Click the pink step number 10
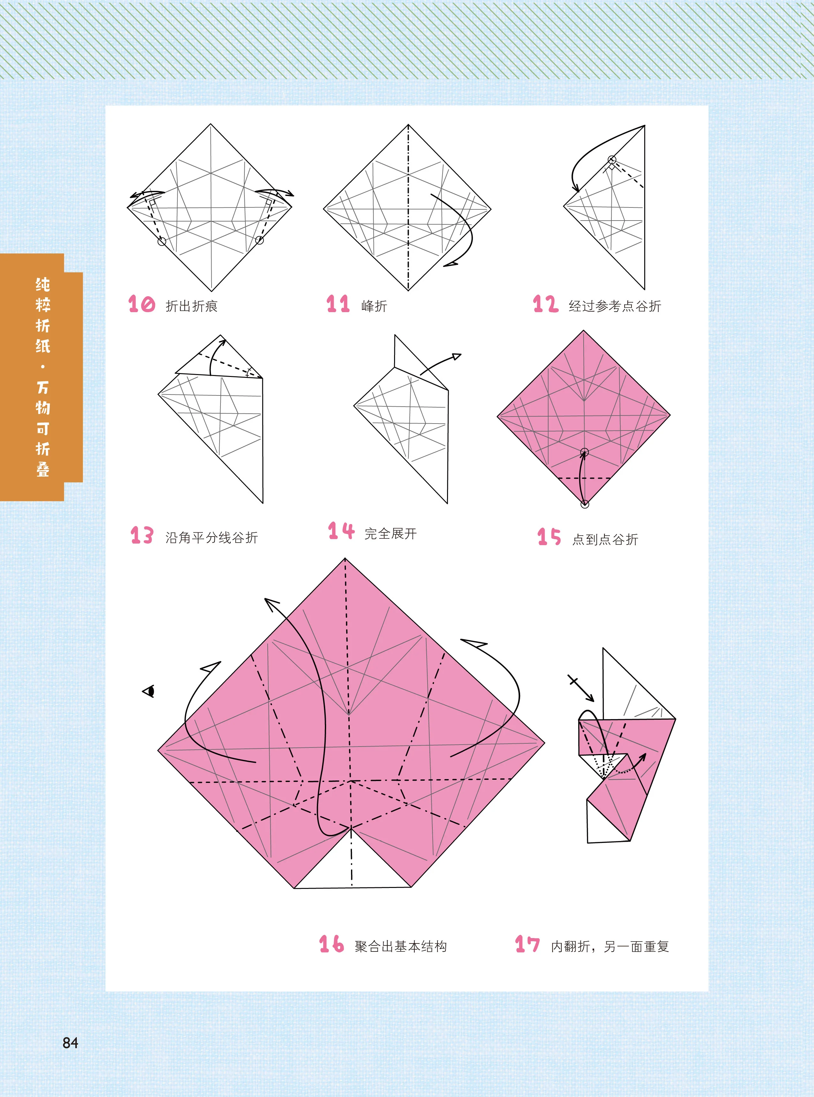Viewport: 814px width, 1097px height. coord(141,304)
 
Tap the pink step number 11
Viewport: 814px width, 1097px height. coord(338,304)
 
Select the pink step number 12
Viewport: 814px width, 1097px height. coord(545,304)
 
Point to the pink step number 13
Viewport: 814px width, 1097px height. coord(142,535)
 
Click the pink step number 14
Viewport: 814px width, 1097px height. coord(341,531)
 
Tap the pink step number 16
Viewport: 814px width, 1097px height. coord(331,944)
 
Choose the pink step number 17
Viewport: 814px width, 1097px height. coord(527,944)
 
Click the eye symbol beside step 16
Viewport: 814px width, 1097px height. coord(149,691)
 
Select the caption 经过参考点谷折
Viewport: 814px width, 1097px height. coord(615,306)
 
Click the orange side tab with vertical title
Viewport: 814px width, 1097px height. coord(41,377)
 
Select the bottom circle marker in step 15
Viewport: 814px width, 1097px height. coord(585,504)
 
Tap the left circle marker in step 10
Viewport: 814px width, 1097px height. coord(161,242)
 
